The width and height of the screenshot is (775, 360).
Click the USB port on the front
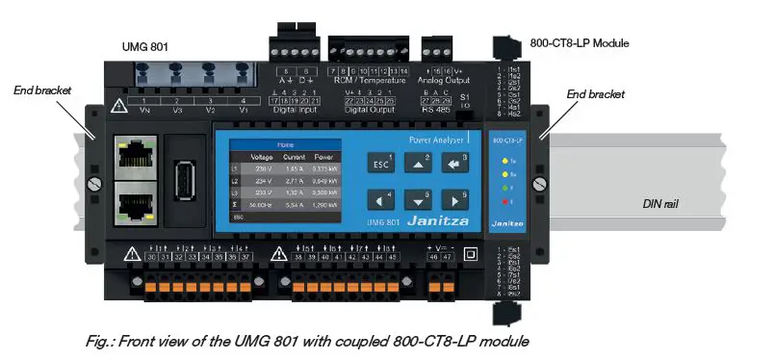185,182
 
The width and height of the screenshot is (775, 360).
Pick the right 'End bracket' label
595,94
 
